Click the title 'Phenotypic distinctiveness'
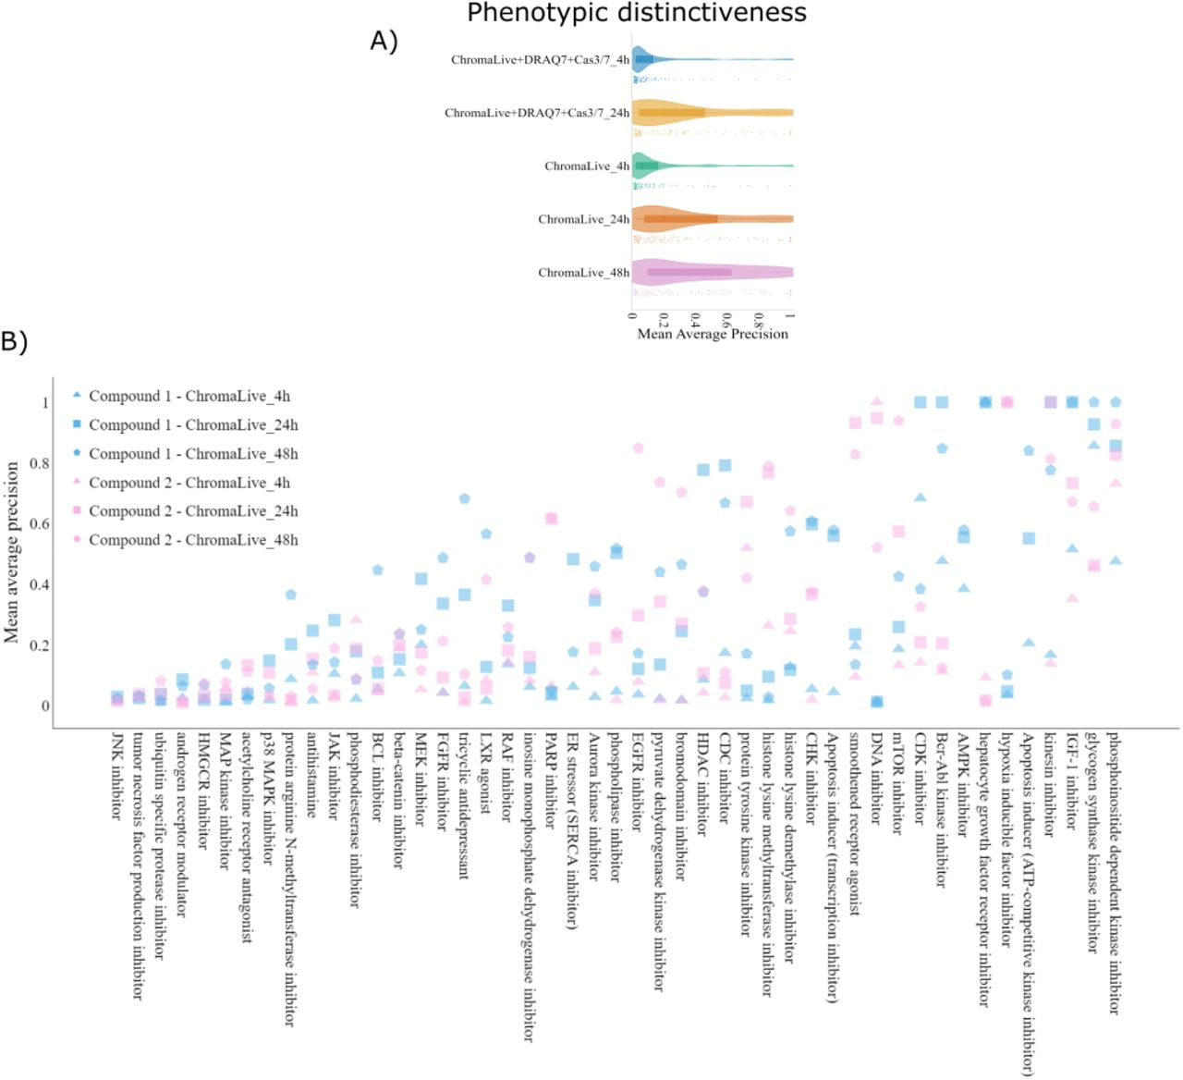point(636,13)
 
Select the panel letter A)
point(384,41)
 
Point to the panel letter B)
point(15,341)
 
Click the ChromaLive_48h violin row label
point(583,273)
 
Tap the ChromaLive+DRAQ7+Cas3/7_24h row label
point(536,113)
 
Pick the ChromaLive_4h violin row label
point(586,166)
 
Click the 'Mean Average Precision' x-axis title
point(713,334)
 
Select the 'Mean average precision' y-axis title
point(12,552)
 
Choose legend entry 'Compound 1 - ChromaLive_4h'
point(189,397)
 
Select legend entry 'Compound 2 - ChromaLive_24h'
point(193,511)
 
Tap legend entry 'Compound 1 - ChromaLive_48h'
point(193,454)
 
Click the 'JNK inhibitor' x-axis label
point(117,776)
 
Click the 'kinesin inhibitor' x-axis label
point(1050,785)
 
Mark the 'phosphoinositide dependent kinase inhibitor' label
point(1115,873)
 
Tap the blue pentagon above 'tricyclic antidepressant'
point(465,498)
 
